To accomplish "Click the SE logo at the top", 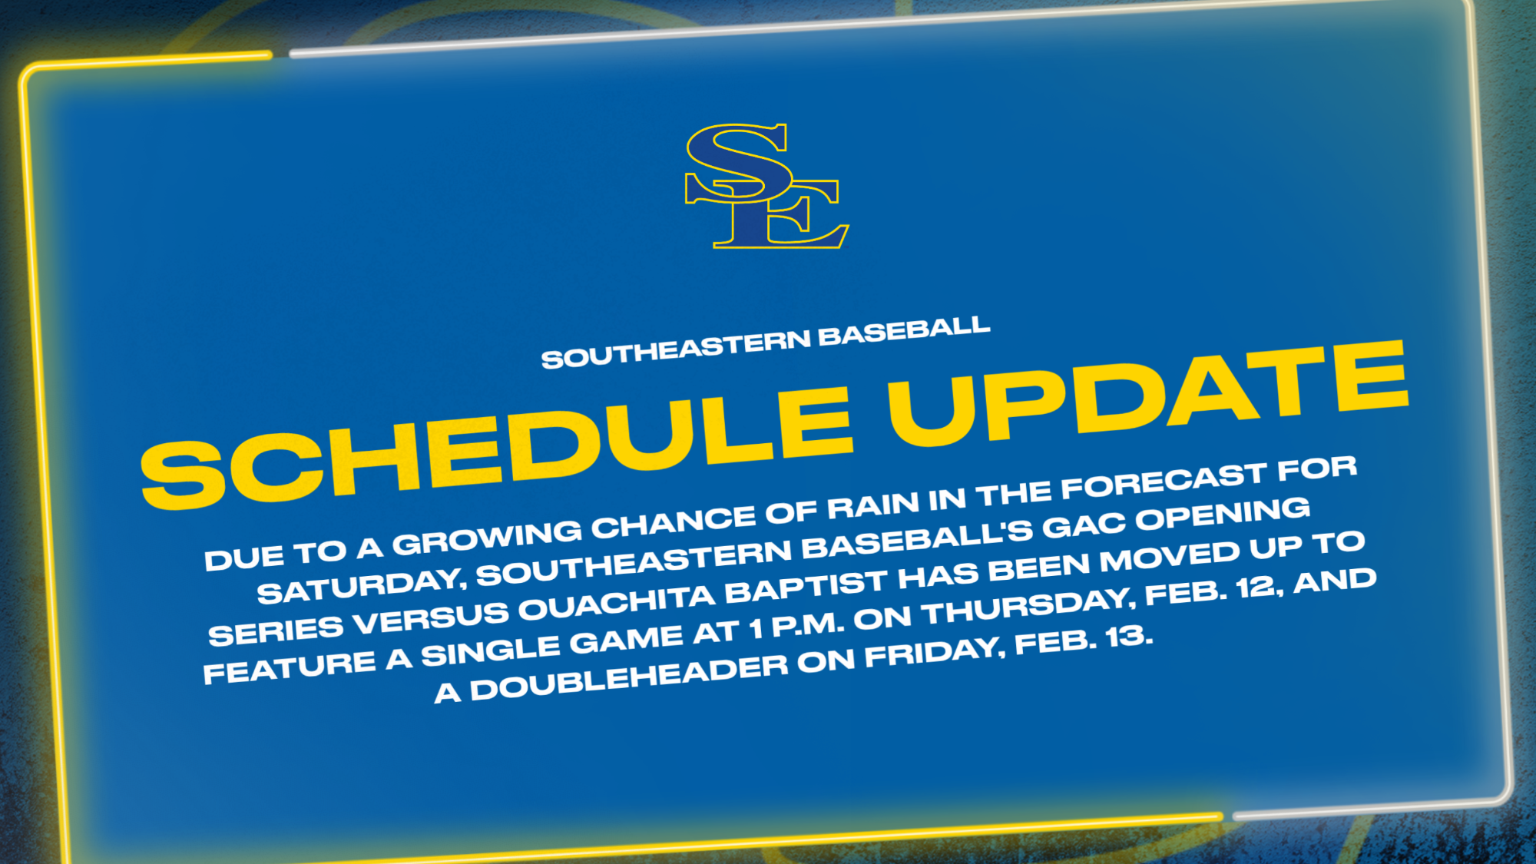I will tap(766, 187).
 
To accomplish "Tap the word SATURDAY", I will tap(360, 587).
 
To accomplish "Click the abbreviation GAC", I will tap(1083, 526).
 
